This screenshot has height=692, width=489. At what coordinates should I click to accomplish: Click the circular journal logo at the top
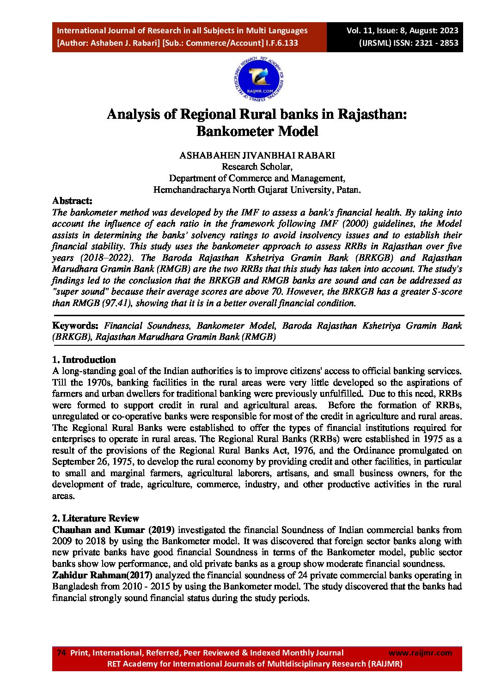(x=258, y=80)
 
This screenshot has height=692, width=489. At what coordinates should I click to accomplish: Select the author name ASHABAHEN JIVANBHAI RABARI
(x=257, y=155)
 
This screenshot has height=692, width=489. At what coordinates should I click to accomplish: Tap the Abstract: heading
(x=72, y=201)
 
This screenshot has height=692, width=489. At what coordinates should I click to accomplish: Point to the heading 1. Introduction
(x=84, y=360)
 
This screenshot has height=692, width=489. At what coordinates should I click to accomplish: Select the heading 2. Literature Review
(x=95, y=518)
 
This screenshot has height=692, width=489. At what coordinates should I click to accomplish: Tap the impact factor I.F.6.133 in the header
(x=282, y=43)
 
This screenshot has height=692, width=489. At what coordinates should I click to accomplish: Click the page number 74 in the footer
(x=61, y=653)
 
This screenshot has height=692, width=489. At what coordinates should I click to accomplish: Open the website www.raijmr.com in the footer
(x=420, y=653)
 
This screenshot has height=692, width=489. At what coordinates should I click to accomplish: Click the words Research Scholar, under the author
(x=257, y=167)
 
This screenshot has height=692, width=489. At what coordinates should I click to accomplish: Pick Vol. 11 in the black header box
(x=360, y=31)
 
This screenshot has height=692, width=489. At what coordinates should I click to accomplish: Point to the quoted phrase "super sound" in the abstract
(x=79, y=292)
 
